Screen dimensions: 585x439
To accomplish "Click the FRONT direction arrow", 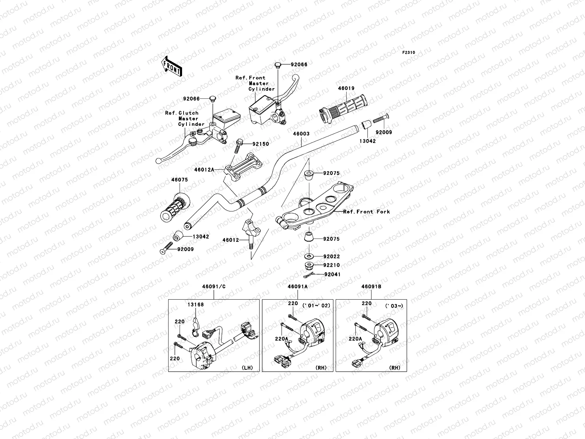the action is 171,66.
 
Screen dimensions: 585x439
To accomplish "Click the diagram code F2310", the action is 408,53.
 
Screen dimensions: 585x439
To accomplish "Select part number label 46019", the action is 346,88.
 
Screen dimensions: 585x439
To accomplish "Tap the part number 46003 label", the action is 301,134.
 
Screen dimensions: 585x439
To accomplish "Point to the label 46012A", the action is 204,169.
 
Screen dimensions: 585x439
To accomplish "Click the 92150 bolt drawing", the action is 238,146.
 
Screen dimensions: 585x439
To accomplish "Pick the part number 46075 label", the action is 180,180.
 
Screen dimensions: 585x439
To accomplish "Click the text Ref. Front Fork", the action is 366,212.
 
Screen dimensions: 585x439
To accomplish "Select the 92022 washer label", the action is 332,256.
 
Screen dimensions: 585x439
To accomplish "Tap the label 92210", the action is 332,265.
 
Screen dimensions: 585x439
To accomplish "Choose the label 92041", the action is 332,274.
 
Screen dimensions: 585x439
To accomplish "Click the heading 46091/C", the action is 214,286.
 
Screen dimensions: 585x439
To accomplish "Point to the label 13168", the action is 196,304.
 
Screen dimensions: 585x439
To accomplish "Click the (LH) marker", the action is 247,368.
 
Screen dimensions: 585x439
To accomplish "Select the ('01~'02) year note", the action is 316,305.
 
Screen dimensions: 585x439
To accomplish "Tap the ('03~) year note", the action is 394,306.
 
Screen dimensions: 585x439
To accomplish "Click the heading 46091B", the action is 371,286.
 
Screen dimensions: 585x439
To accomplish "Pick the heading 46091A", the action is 297,286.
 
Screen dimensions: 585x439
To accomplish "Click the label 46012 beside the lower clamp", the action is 231,240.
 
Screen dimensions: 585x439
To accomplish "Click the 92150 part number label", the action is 261,144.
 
